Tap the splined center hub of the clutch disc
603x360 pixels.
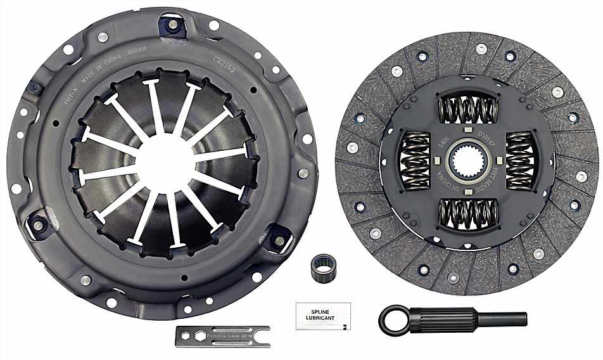469,161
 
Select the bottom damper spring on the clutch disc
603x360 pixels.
469,213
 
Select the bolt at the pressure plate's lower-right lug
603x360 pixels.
279,240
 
